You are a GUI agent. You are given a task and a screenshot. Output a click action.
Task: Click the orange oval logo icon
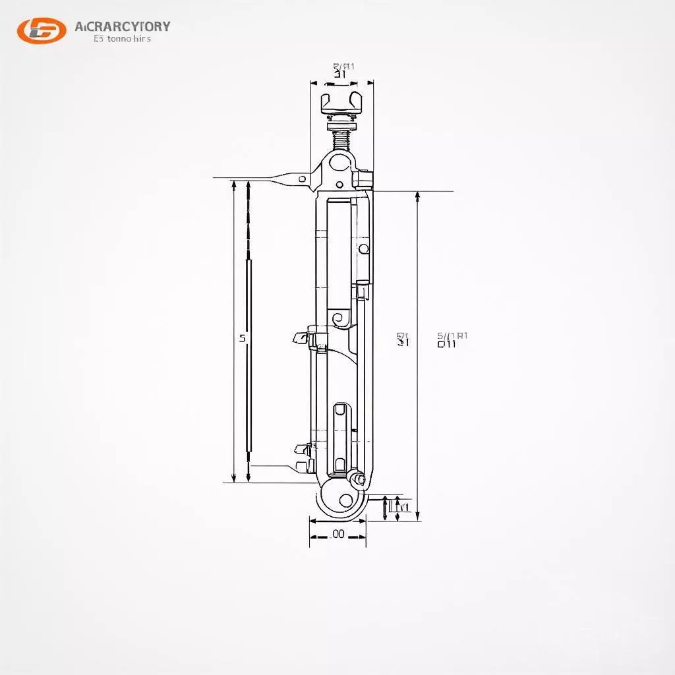click(x=42, y=30)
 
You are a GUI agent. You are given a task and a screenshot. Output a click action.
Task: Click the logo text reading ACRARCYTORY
click(x=123, y=26)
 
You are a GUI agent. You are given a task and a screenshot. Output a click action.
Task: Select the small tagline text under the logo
click(x=123, y=39)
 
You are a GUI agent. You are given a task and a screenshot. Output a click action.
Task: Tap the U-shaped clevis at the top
click(x=341, y=102)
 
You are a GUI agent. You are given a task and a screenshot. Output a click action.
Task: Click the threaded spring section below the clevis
click(x=341, y=138)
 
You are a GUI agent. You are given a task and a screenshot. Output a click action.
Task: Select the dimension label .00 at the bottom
click(x=337, y=534)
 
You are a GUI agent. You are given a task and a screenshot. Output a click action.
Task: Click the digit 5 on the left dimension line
click(x=242, y=338)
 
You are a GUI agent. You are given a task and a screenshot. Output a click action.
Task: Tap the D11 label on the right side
click(x=447, y=343)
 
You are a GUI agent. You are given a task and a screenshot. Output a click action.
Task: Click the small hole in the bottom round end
click(x=345, y=500)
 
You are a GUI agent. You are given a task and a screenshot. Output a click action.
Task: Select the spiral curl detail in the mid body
click(x=340, y=319)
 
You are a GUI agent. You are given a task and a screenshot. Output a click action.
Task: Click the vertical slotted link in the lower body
click(x=339, y=438)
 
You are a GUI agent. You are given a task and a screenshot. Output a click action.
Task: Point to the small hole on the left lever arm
click(x=302, y=179)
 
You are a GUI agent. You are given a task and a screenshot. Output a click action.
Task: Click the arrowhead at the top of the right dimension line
click(x=417, y=196)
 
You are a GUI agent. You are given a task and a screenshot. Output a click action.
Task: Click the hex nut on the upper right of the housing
click(x=363, y=179)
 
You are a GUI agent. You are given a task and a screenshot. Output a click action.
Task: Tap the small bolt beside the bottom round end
click(x=358, y=479)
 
